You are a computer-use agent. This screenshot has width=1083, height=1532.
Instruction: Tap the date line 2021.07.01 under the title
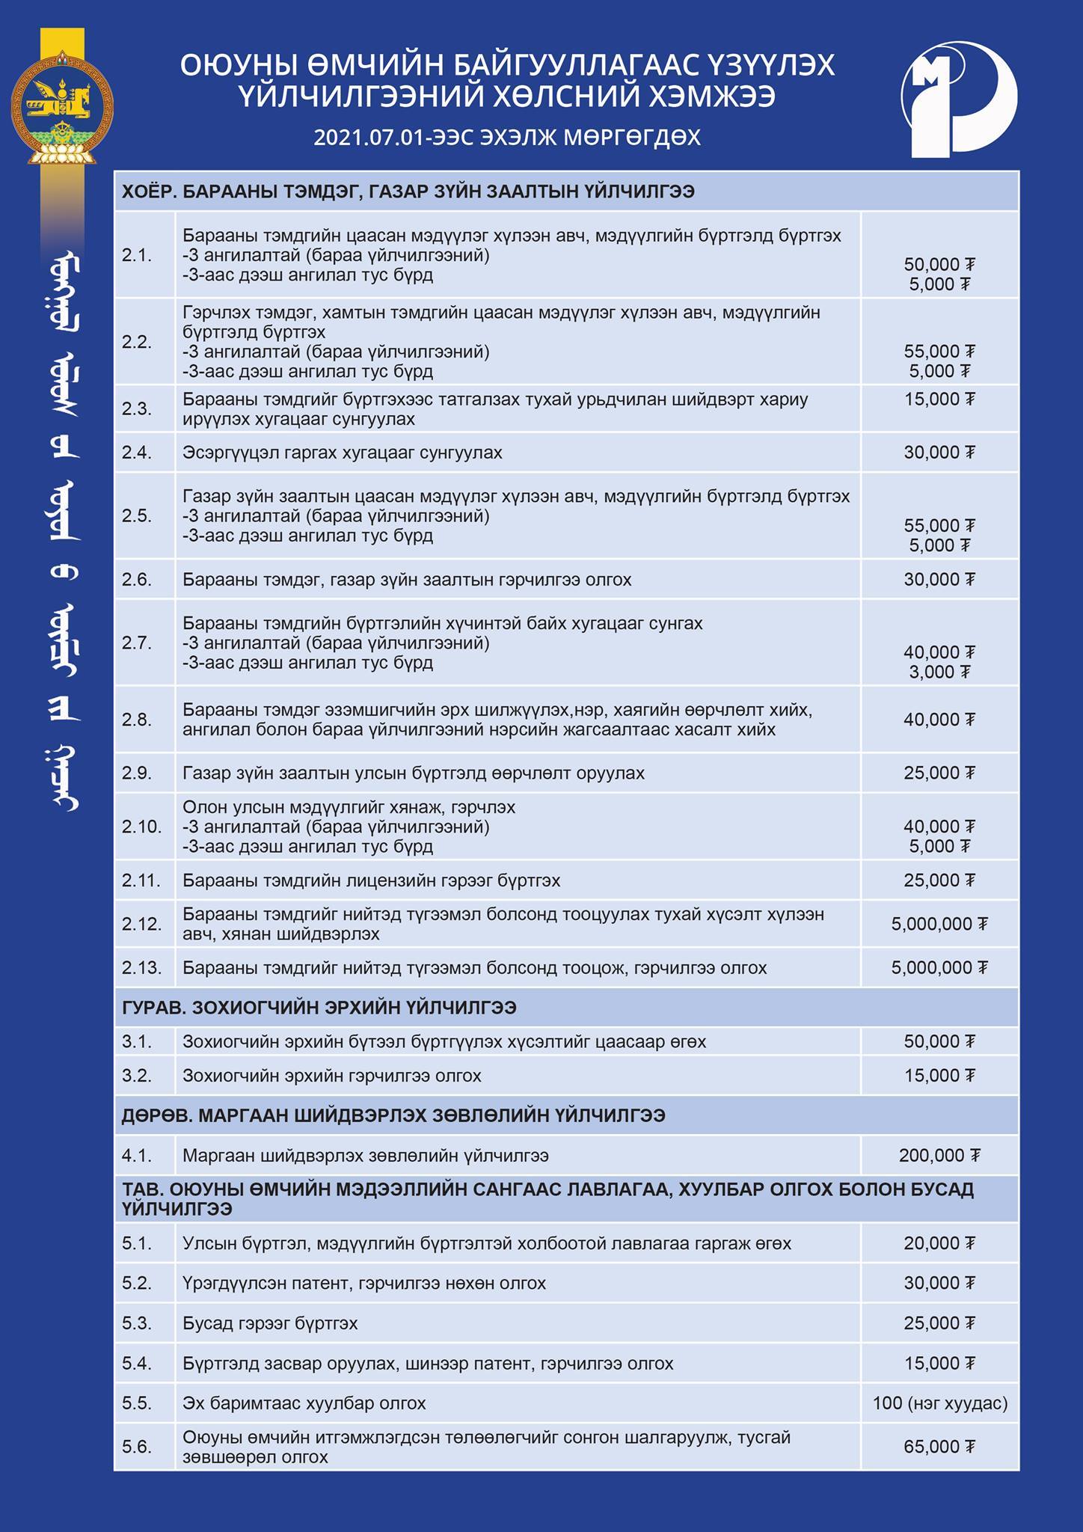(506, 138)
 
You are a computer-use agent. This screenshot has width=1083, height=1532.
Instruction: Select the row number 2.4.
(137, 453)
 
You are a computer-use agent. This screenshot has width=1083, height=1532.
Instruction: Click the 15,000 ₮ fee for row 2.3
(939, 399)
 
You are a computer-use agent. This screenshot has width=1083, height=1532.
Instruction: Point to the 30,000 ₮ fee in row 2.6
(939, 580)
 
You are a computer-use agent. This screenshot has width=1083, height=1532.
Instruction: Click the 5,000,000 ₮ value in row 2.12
(939, 925)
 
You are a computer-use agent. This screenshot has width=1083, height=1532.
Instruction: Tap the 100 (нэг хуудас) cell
(939, 1403)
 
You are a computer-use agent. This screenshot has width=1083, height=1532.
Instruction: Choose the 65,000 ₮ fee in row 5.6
(939, 1447)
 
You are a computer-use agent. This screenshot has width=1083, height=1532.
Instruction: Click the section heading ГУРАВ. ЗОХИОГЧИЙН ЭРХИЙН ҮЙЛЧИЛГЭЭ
(319, 1008)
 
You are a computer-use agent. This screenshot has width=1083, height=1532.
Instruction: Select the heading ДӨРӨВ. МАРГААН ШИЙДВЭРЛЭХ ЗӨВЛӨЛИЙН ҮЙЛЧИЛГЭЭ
(393, 1115)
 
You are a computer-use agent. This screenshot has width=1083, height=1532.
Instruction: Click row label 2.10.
(141, 827)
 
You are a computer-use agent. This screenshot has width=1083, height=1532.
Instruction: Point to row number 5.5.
(137, 1403)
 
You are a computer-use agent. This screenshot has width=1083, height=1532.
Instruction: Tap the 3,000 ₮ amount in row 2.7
(939, 672)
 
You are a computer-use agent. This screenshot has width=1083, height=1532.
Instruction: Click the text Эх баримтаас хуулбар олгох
(304, 1403)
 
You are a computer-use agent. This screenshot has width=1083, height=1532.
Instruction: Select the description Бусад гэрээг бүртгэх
(270, 1323)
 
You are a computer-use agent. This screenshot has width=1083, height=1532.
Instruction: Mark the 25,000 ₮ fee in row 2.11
(939, 880)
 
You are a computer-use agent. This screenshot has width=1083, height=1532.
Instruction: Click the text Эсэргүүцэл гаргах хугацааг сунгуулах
(342, 453)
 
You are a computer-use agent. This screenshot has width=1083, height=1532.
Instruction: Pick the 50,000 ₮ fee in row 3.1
(939, 1042)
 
